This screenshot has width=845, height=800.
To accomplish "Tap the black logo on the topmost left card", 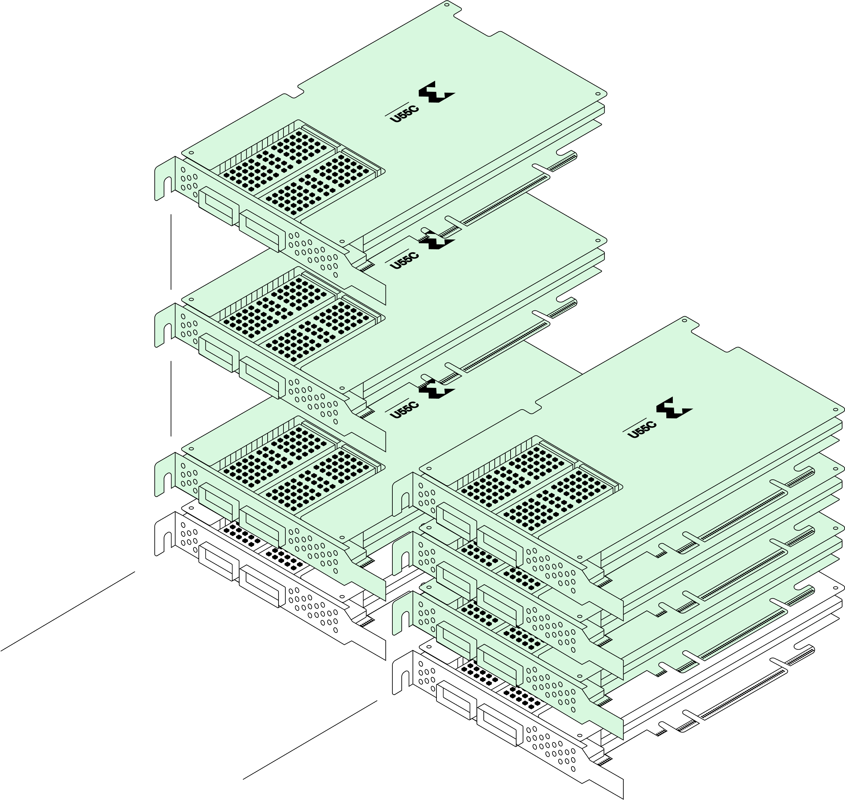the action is tap(436, 92).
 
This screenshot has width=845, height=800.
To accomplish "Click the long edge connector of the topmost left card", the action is tap(504, 200).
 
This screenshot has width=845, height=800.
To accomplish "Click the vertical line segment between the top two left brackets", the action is tap(171, 252).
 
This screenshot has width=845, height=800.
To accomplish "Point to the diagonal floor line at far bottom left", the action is tap(68, 611).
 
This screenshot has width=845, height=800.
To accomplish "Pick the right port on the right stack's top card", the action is tap(500, 547).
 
